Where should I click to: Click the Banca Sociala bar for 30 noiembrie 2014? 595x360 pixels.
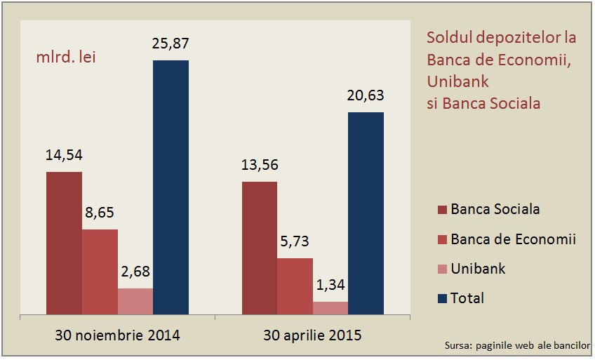tap(64, 242)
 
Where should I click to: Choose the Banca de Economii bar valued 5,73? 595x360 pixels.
tap(295, 286)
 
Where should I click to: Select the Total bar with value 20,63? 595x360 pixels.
tap(366, 213)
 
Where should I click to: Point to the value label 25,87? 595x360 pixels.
tap(171, 44)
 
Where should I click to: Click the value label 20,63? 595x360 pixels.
tap(366, 96)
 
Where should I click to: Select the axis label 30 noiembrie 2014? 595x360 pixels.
tap(117, 335)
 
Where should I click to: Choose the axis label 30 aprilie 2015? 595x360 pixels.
tap(313, 335)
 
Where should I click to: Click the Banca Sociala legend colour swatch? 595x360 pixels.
tap(442, 210)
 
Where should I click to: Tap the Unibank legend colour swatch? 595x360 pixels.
tap(442, 269)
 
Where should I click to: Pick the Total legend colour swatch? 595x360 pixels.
tap(442, 299)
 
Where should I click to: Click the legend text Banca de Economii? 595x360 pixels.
tap(514, 239)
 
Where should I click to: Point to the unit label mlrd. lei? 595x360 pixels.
tap(66, 57)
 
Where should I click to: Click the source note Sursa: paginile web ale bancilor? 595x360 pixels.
tap(517, 345)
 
